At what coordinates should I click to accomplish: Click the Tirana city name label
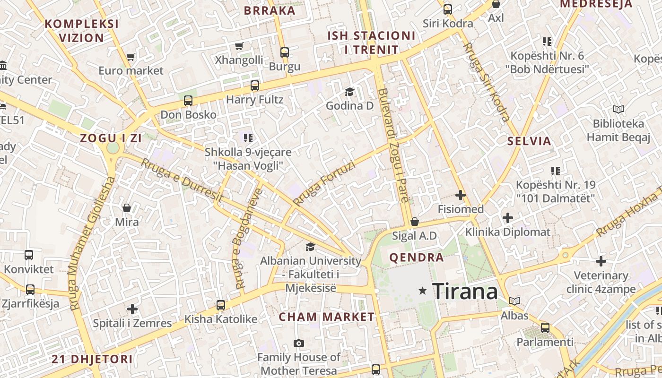(x=465, y=291)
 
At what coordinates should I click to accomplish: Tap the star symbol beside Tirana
(x=422, y=291)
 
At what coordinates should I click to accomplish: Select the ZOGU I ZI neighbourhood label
(x=111, y=138)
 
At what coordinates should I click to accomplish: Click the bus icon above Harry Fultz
(x=255, y=86)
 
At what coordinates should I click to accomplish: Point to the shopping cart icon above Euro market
(x=131, y=57)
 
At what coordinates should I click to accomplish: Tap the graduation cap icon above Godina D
(x=349, y=92)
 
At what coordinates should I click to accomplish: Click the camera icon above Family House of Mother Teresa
(x=298, y=343)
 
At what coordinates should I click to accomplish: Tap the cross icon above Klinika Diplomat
(x=508, y=218)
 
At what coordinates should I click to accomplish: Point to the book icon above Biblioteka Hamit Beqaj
(x=618, y=110)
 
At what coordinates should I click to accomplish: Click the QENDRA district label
(x=416, y=258)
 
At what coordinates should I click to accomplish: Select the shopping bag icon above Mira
(x=127, y=208)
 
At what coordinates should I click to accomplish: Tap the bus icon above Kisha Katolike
(x=221, y=305)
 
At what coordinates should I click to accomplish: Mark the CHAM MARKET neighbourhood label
(x=326, y=317)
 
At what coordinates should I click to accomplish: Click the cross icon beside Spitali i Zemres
(x=132, y=309)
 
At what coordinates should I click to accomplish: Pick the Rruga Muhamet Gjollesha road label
(x=92, y=243)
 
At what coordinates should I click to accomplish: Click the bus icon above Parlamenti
(x=545, y=327)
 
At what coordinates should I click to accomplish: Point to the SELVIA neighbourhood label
(x=529, y=141)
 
